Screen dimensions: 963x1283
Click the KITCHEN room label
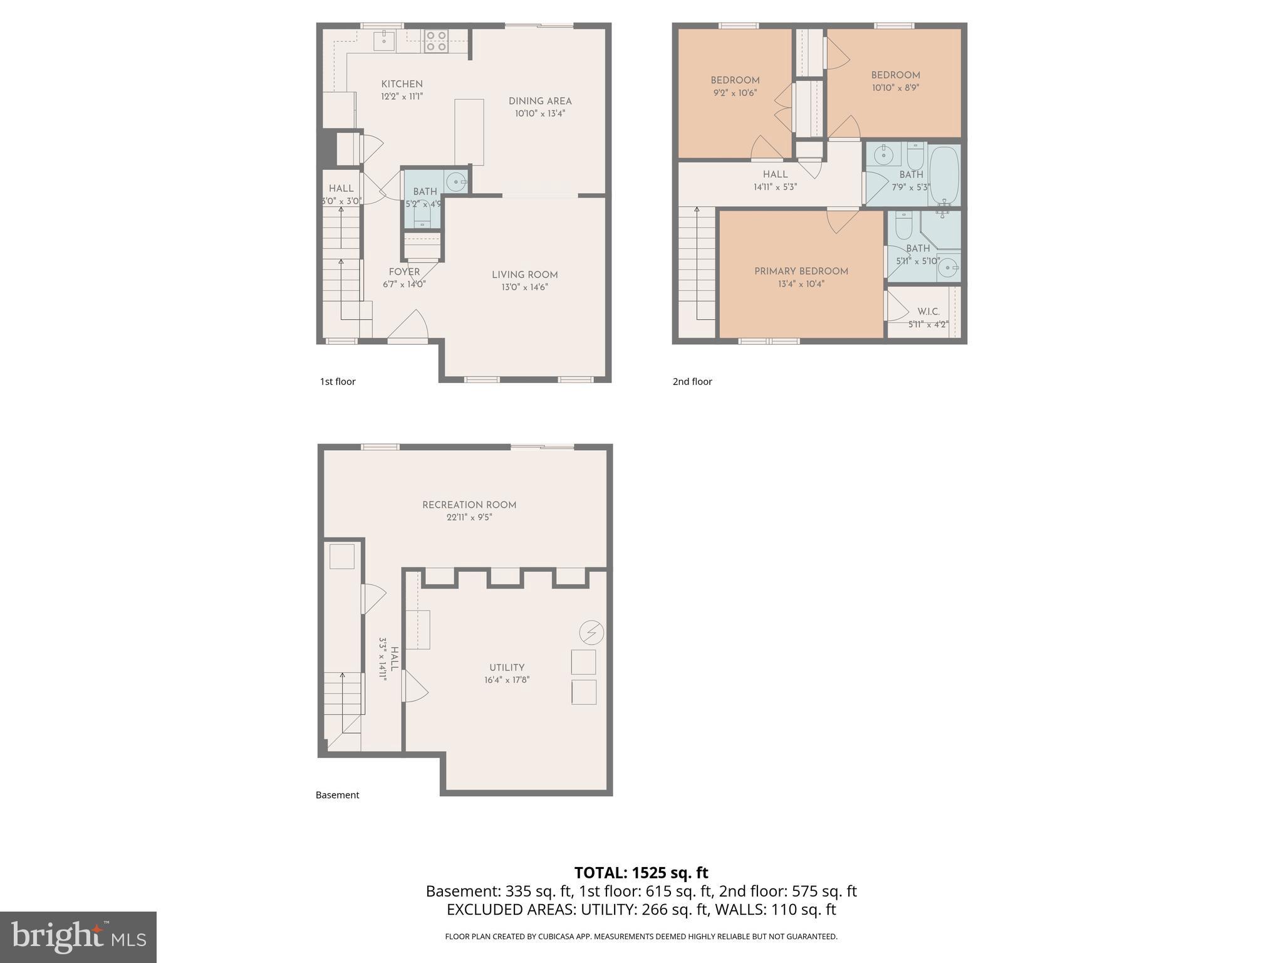402,84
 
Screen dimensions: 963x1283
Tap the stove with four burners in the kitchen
435,41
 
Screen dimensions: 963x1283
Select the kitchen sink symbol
383,41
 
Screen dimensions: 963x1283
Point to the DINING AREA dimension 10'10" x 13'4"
540,113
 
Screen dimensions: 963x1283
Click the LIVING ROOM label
524,275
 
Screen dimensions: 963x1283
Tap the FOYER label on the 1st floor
404,271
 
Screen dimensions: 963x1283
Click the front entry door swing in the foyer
411,326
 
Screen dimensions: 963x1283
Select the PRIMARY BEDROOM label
801,271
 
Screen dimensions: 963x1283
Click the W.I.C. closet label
928,312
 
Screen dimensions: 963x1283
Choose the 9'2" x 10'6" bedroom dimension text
735,93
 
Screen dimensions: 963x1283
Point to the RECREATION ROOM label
469,505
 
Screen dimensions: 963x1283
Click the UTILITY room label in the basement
506,668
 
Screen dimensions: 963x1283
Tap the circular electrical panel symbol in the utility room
591,633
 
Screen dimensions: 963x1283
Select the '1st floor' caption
338,381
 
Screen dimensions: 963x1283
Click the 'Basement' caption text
337,795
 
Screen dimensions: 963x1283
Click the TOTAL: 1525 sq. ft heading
641,873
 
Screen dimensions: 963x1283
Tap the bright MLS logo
78,937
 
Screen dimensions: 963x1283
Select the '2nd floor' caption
692,381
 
